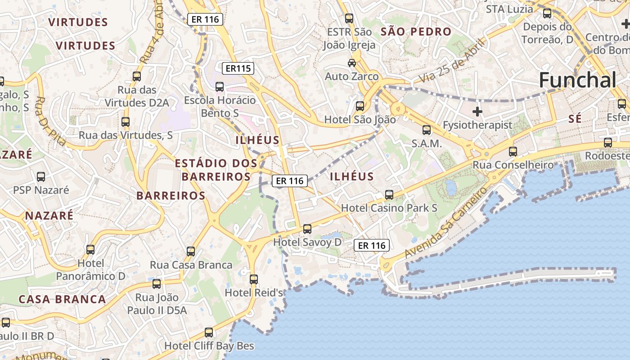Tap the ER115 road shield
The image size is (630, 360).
tap(238, 68)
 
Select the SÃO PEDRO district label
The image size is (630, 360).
tap(415, 31)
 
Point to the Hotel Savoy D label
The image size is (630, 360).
tap(307, 242)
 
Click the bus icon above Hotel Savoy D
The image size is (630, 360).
tap(307, 229)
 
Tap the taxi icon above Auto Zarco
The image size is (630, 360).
tap(351, 63)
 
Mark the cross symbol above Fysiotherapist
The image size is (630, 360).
tap(477, 111)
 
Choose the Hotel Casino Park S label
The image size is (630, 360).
tap(389, 208)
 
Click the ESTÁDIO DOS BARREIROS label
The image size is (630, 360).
tap(216, 170)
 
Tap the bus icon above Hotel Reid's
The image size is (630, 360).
tap(254, 279)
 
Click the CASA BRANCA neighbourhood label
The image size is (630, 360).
tap(62, 299)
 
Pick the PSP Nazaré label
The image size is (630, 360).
tap(41, 190)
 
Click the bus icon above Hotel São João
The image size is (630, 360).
tap(360, 106)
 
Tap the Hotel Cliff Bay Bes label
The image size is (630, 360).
tap(209, 346)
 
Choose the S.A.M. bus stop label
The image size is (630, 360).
tap(427, 144)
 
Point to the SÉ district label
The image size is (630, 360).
tap(575, 119)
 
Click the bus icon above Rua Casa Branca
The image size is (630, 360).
tap(191, 252)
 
